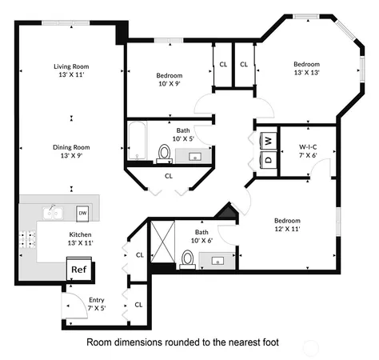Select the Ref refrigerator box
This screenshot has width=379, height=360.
click(x=78, y=270)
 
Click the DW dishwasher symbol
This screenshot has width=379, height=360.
click(x=82, y=213)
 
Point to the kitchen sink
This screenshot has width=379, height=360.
click(x=54, y=213)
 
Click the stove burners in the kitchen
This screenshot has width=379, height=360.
click(x=31, y=238)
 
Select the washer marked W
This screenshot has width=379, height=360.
click(x=269, y=141)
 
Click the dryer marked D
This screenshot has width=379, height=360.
click(x=269, y=159)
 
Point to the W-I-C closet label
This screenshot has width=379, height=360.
click(x=309, y=151)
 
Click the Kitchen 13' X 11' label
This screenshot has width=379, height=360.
click(x=70, y=239)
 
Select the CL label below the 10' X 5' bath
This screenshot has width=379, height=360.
click(x=169, y=175)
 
